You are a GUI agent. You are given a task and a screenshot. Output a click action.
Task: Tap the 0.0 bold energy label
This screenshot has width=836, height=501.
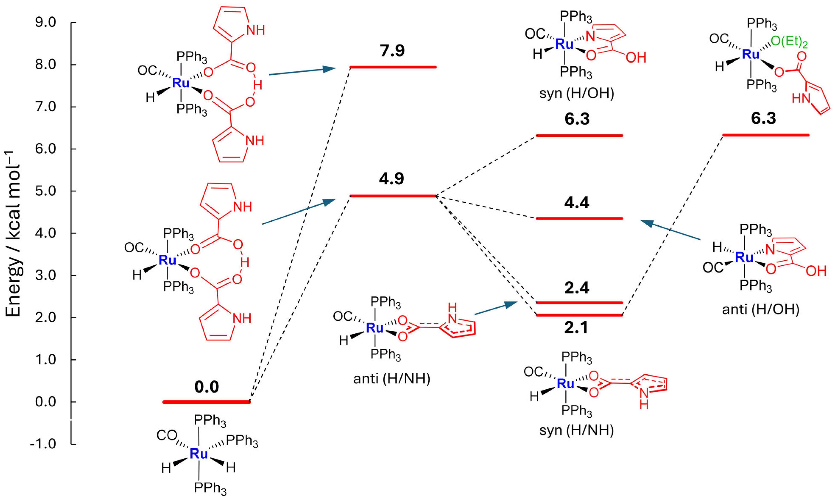click(207, 387)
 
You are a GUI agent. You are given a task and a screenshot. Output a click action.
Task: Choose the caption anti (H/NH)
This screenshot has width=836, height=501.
click(391, 379)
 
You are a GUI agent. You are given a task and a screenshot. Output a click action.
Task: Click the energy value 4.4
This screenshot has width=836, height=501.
click(576, 203)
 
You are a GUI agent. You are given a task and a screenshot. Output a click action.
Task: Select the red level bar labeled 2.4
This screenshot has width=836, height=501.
click(579, 302)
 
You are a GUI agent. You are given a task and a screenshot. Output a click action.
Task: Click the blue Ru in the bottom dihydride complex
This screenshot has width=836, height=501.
click(199, 453)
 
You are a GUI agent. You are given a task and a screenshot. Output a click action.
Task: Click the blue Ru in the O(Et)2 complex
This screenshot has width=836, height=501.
click(751, 54)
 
